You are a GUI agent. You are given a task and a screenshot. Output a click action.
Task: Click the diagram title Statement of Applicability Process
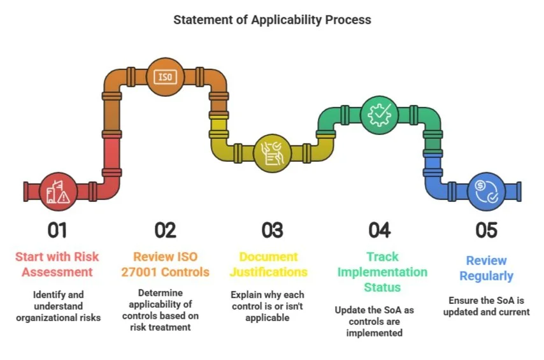coord(272,20)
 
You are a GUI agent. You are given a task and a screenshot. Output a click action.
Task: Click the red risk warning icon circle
coord(58,191)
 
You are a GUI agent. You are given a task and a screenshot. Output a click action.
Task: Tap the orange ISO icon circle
coord(165,76)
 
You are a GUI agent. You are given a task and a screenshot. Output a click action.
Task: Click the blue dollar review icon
coord(486,191)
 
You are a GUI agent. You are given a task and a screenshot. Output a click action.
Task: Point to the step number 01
coord(58,229)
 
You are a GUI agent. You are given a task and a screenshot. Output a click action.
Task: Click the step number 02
coord(165,229)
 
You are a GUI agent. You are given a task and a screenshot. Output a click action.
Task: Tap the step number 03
coord(272,229)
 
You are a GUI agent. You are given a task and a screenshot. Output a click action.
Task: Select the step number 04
coord(379,229)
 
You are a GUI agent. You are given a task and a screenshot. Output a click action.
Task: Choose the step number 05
coord(486,229)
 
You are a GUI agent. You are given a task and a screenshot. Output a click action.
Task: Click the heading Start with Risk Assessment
coord(58,264)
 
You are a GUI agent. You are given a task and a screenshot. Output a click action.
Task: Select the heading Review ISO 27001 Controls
coord(165,264)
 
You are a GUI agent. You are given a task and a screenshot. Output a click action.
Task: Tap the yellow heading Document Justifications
coord(272,264)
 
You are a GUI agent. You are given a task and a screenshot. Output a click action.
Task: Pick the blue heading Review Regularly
coord(486,268)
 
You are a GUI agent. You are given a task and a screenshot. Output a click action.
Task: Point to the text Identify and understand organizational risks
coord(58,306)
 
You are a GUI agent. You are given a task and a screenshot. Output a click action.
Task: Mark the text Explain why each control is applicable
coord(272,306)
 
